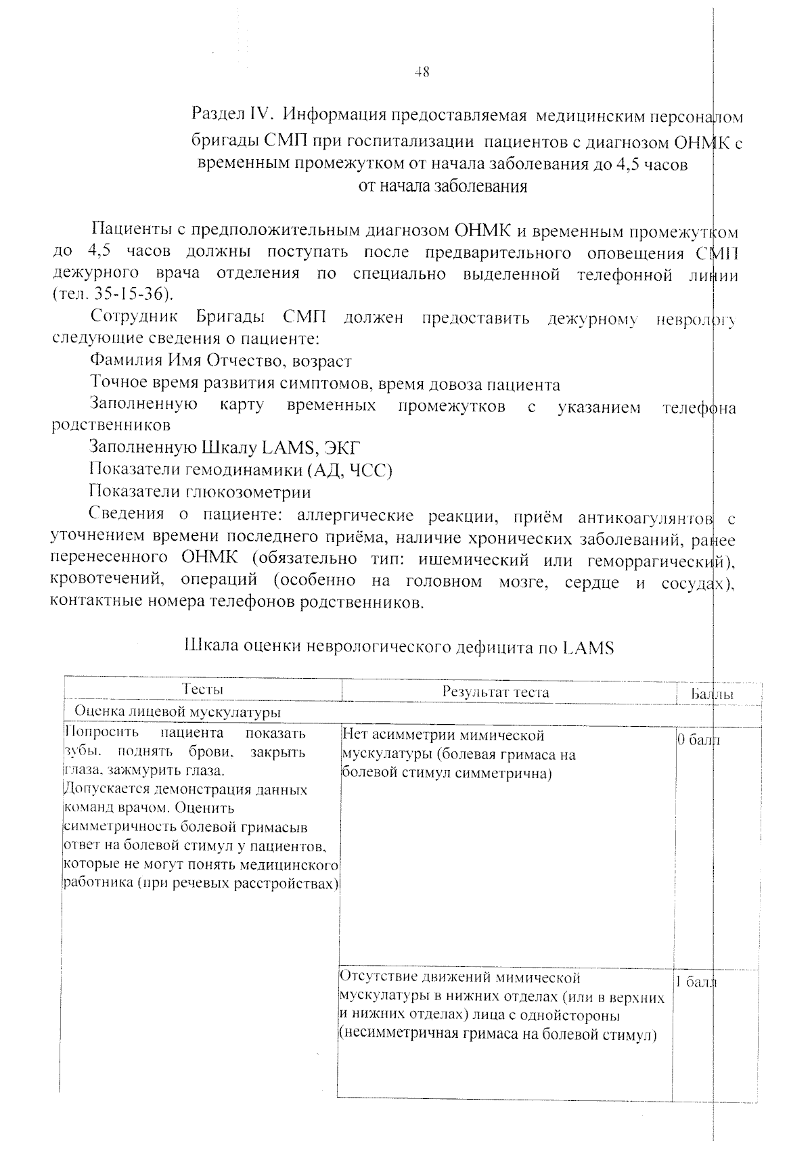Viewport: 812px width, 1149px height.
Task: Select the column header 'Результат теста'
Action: (x=496, y=692)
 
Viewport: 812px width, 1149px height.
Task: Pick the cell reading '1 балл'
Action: (x=696, y=982)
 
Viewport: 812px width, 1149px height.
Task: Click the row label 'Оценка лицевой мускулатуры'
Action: (x=177, y=712)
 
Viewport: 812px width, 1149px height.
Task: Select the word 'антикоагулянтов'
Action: (x=646, y=518)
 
